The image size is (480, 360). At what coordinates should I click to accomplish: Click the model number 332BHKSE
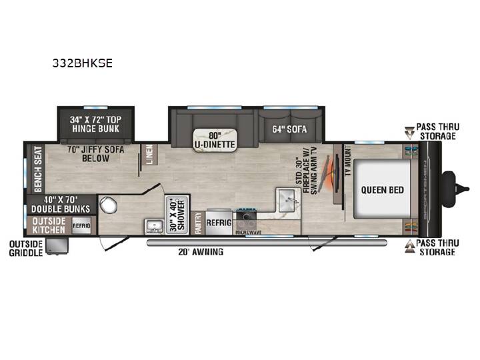(x=83, y=63)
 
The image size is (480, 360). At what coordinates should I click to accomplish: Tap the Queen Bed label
(x=383, y=190)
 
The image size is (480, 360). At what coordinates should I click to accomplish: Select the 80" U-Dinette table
(x=215, y=140)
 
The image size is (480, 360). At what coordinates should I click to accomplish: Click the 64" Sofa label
(x=289, y=129)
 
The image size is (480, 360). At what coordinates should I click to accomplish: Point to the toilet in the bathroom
(x=108, y=205)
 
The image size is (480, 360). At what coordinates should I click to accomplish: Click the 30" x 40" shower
(x=177, y=215)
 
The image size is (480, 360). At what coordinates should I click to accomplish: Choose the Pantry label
(x=199, y=223)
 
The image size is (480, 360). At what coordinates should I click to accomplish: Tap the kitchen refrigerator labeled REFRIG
(x=219, y=223)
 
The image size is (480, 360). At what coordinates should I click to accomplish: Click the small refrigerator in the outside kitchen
(x=81, y=225)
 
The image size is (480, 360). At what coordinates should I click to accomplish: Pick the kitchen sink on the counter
(x=288, y=200)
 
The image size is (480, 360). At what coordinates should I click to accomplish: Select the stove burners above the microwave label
(x=246, y=215)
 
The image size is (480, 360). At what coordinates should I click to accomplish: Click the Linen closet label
(x=149, y=155)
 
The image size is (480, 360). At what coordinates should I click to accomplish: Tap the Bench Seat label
(x=37, y=169)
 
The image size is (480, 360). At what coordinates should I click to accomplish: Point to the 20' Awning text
(x=201, y=252)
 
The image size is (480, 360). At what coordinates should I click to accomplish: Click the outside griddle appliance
(x=57, y=246)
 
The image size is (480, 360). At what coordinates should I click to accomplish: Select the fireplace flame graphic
(x=329, y=174)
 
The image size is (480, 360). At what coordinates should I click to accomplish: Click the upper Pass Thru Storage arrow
(x=409, y=132)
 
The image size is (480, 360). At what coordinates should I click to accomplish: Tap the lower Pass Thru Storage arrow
(x=410, y=247)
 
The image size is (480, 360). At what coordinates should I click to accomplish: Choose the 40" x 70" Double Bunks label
(x=61, y=205)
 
